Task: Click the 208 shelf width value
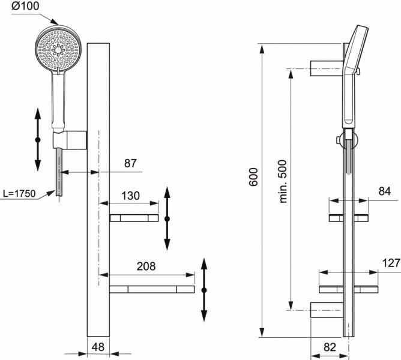(147, 266)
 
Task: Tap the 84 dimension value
(385, 192)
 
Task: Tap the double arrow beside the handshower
(37, 139)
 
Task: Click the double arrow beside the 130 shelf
(167, 218)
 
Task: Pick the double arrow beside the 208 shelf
(205, 290)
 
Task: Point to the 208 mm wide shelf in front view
(152, 290)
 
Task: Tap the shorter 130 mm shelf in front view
(134, 218)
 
